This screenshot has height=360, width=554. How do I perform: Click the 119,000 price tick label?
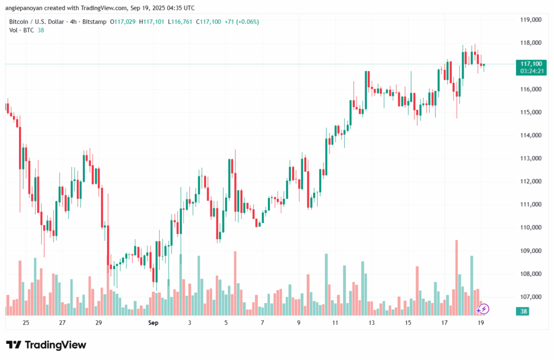[x=530, y=20]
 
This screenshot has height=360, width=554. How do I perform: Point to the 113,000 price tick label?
[x=530, y=159]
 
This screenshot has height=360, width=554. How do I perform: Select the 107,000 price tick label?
[x=530, y=297]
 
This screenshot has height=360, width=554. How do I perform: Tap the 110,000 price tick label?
[x=530, y=228]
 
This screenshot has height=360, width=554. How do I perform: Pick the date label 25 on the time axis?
[x=25, y=323]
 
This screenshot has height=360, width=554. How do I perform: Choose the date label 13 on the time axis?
[x=372, y=323]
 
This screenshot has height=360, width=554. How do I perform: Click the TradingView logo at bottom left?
[x=46, y=345]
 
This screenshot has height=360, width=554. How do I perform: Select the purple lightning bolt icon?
[x=484, y=309]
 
